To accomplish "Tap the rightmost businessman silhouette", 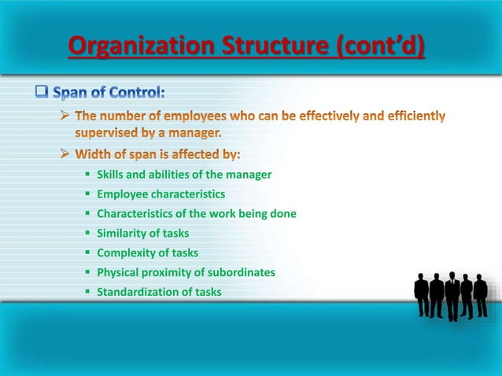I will coord(480,295).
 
